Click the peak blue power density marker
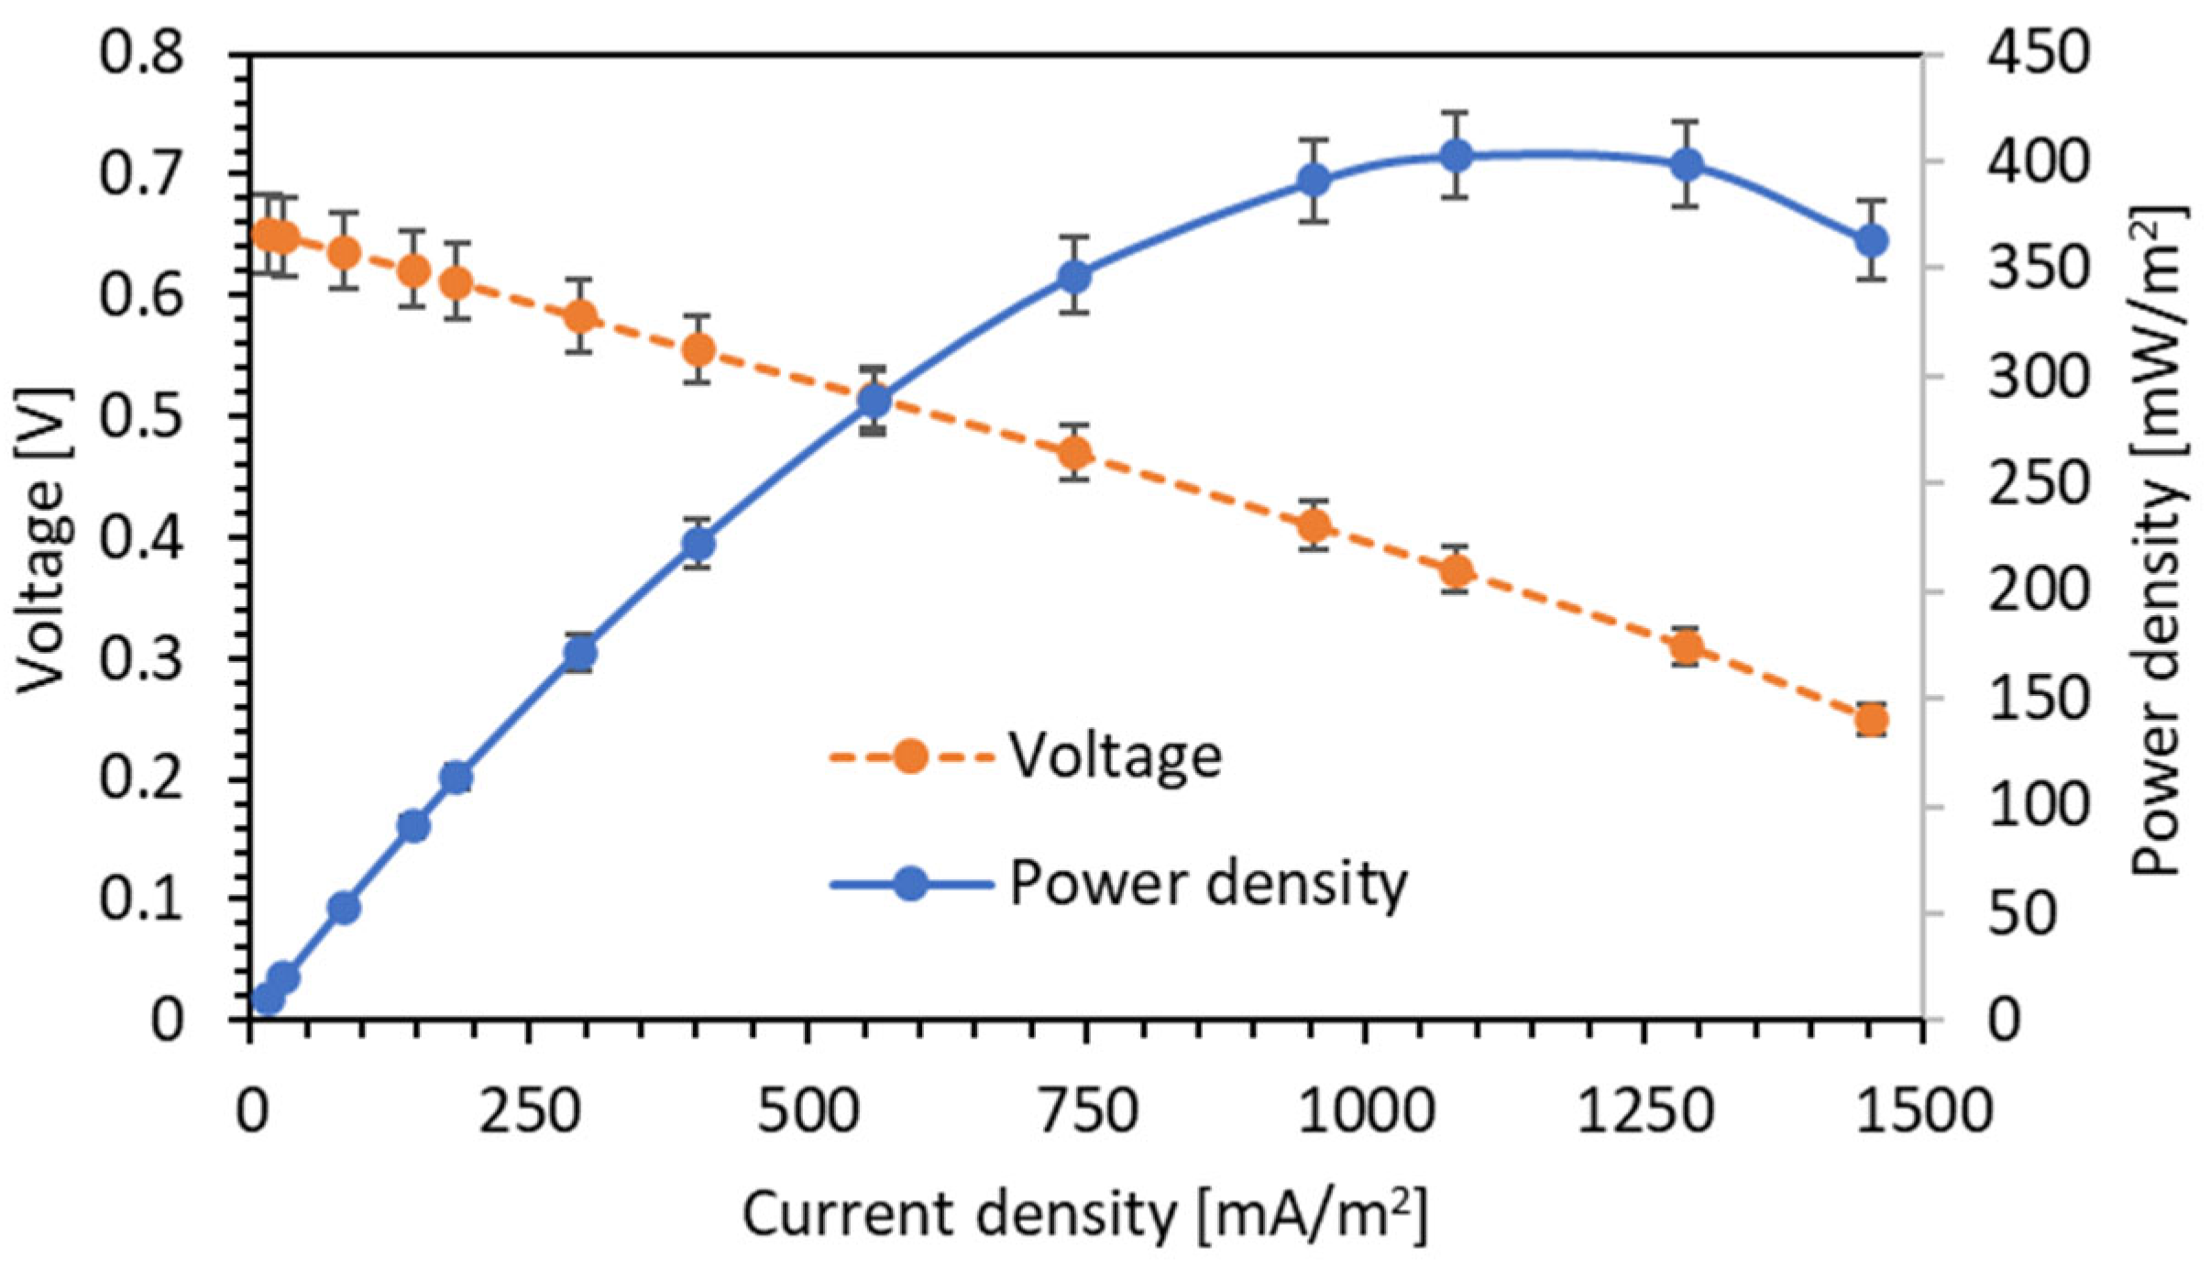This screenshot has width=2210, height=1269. (1455, 156)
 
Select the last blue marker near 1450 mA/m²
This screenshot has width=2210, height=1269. (1871, 241)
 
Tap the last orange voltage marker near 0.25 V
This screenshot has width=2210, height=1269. (1871, 721)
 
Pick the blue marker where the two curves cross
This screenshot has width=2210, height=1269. (874, 401)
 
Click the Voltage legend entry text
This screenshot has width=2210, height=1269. (1115, 756)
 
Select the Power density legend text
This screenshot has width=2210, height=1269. (1207, 884)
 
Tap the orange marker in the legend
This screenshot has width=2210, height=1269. (910, 756)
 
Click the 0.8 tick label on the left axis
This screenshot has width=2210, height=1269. (141, 52)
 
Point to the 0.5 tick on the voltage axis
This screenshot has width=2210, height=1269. (141, 416)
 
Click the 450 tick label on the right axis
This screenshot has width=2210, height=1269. (2039, 52)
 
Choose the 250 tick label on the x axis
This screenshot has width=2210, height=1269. (530, 1111)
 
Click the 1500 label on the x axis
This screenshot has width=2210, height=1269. (1923, 1111)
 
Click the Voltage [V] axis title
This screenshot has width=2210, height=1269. (43, 541)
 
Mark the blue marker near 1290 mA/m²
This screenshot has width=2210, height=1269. (1687, 165)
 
